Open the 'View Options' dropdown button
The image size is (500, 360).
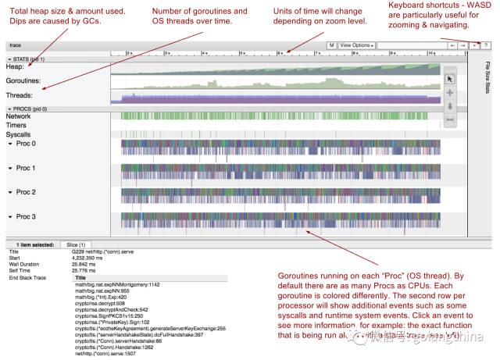357,46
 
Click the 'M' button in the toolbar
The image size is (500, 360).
332,46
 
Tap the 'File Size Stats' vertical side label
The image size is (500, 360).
487,78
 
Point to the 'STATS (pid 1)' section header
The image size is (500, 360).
27,59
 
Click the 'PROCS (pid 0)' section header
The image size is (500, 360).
28,109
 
